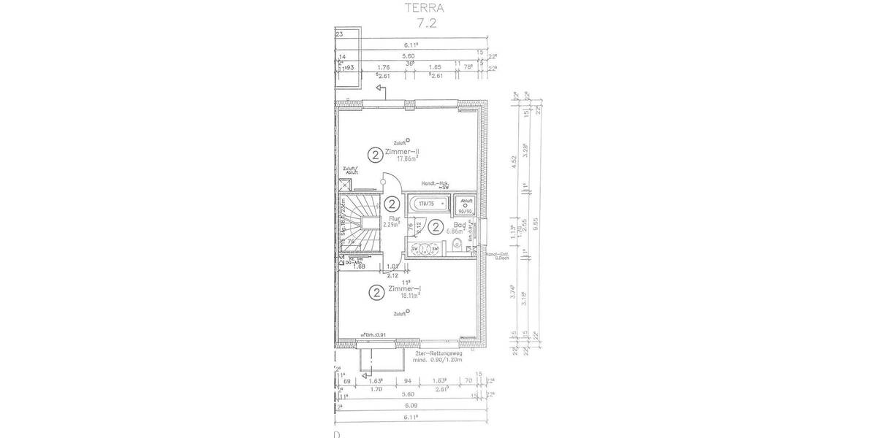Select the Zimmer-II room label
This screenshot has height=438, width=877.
coord(408,150)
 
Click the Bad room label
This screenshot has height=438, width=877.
coord(459,226)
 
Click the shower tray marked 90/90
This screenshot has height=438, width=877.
coord(466,205)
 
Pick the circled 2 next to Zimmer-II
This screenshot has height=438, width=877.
coord(375,154)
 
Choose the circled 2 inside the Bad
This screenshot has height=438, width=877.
coord(436,227)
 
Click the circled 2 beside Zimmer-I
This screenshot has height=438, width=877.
coord(375,293)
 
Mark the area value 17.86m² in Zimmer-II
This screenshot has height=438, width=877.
coord(408,158)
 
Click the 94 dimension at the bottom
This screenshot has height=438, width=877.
coord(409,381)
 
